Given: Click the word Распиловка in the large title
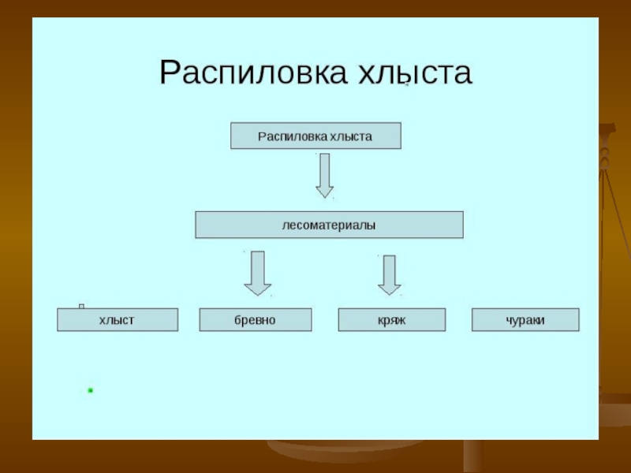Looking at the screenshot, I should tap(252, 72).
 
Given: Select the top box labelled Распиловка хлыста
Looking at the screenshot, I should tap(315, 136).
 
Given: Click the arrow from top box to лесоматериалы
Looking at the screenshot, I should tap(324, 175).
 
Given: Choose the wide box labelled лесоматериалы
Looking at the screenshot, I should tap(329, 225).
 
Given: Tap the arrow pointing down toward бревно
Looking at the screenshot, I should tap(257, 273).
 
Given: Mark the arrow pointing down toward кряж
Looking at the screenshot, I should tap(389, 274).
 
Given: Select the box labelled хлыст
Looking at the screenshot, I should tap(118, 319).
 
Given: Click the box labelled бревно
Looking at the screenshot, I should tap(255, 319).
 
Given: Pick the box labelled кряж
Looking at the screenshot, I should tap(391, 319).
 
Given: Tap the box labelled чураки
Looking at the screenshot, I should tap(525, 319).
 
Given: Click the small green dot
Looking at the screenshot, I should tap(91, 390).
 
